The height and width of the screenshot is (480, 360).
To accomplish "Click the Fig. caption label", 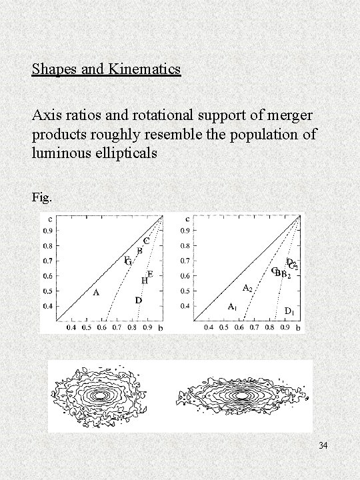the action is click(41, 197).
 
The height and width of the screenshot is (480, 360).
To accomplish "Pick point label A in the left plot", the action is click(97, 292).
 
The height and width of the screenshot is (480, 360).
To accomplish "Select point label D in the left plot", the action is click(138, 301).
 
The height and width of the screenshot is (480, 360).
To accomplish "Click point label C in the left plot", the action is click(145, 240).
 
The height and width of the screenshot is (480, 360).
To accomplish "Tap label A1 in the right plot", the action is click(233, 307).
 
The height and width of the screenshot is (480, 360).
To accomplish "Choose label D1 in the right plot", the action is click(290, 311).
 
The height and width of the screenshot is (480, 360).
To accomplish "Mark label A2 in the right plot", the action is click(246, 288).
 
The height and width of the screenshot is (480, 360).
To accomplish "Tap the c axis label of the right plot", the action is click(187, 219).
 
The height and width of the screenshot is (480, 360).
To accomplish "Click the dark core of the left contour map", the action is click(101, 395).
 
